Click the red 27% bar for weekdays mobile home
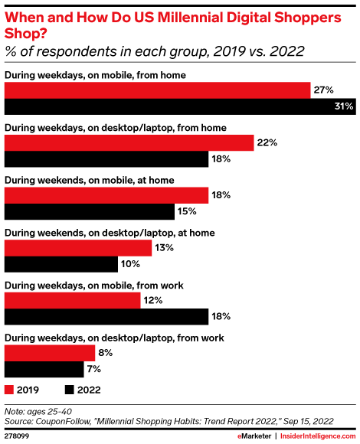coord(157,90)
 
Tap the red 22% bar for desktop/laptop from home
coord(129,142)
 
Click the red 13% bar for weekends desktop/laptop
coord(78,248)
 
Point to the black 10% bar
coord(61,264)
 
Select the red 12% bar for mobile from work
coord(73,300)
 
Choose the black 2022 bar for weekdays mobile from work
coord(106,316)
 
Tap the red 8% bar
coord(50,353)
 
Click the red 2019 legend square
coord(10,389)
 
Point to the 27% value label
coord(322,90)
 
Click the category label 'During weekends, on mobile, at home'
coord(90,180)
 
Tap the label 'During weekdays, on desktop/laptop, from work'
coord(114,337)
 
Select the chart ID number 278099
coord(17,436)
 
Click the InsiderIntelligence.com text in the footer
coord(318,436)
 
